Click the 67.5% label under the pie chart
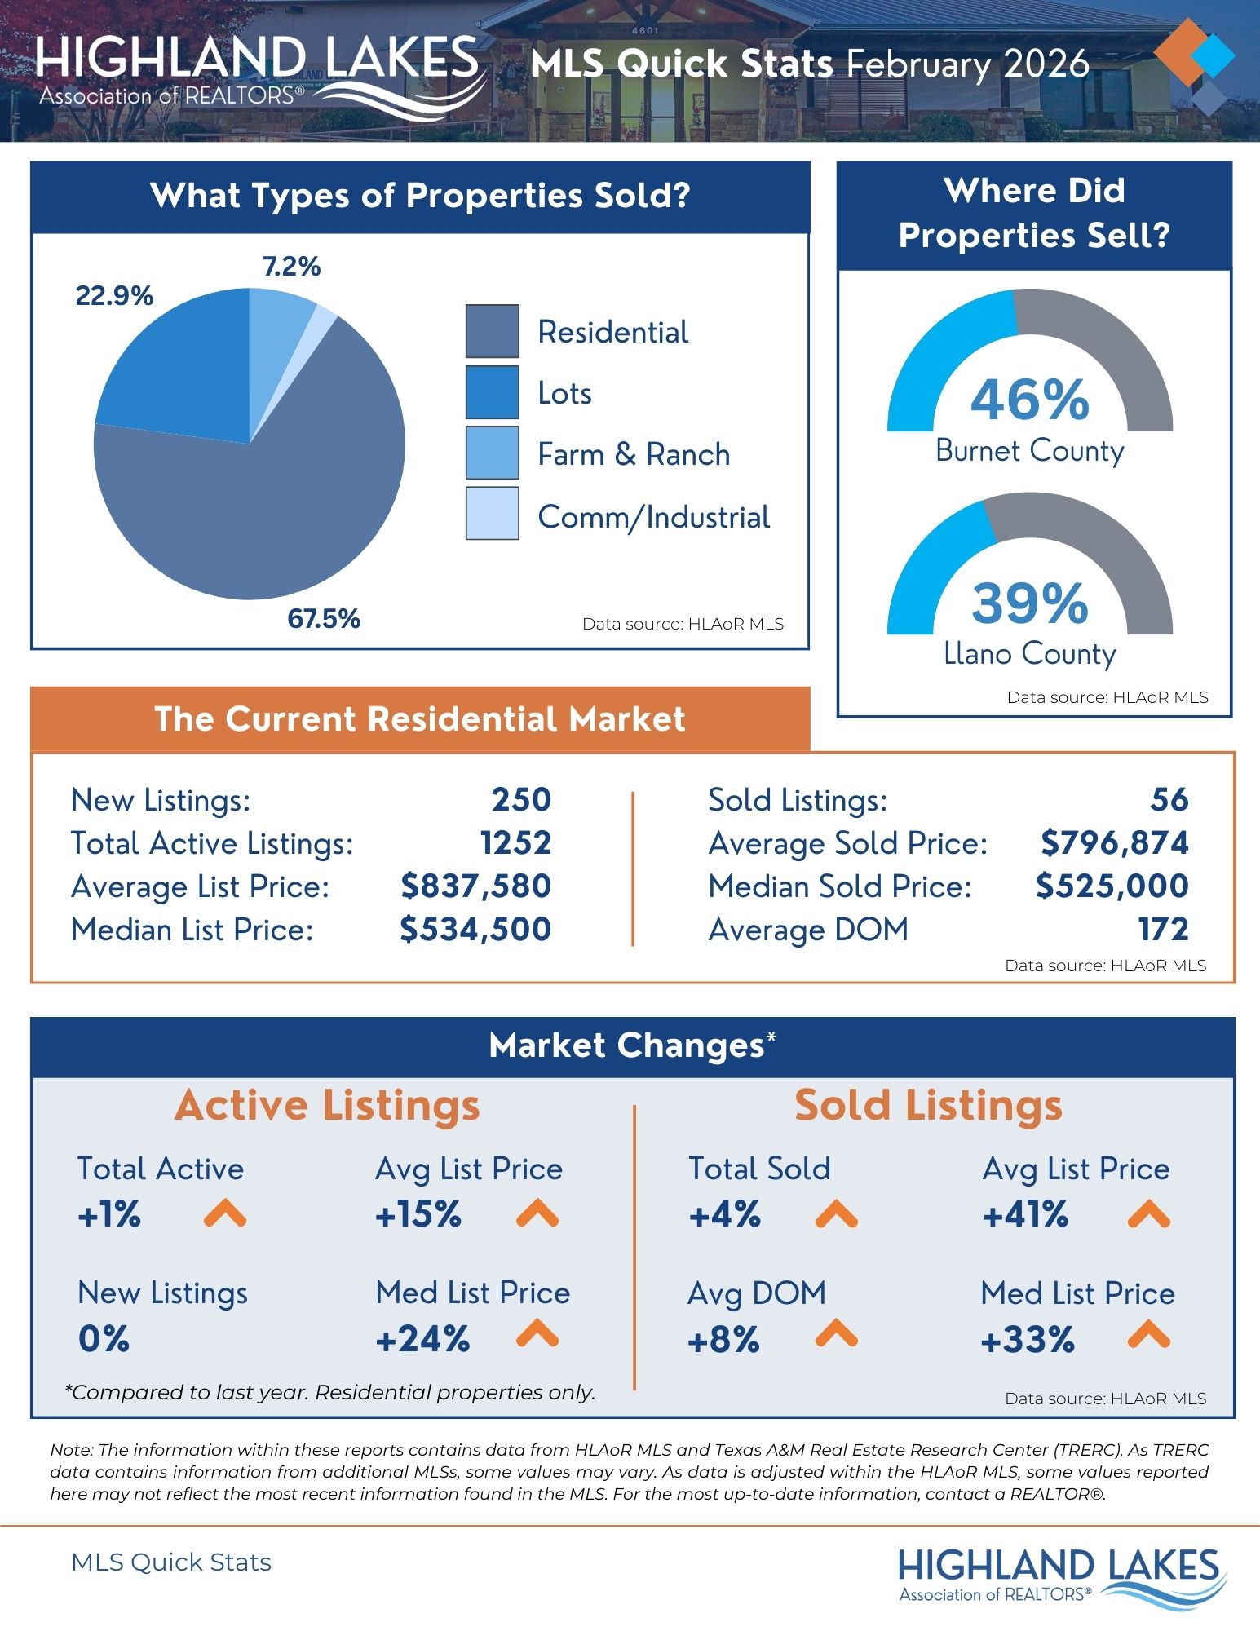323,619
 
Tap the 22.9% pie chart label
114,296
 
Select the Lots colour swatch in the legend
492,392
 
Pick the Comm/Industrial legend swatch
492,514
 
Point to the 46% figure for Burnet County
1029,400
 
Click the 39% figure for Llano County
1029,603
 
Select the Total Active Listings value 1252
515,843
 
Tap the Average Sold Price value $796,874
1114,843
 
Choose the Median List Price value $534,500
475,930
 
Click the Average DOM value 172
1163,930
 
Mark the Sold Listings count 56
1169,800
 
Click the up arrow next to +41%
1148,1214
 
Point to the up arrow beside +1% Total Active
224,1214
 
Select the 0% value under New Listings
104,1339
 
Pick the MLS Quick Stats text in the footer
171,1562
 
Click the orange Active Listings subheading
327,1107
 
